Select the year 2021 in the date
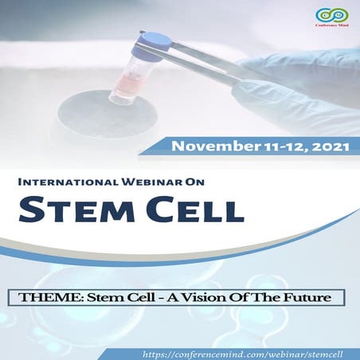point(328,147)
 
